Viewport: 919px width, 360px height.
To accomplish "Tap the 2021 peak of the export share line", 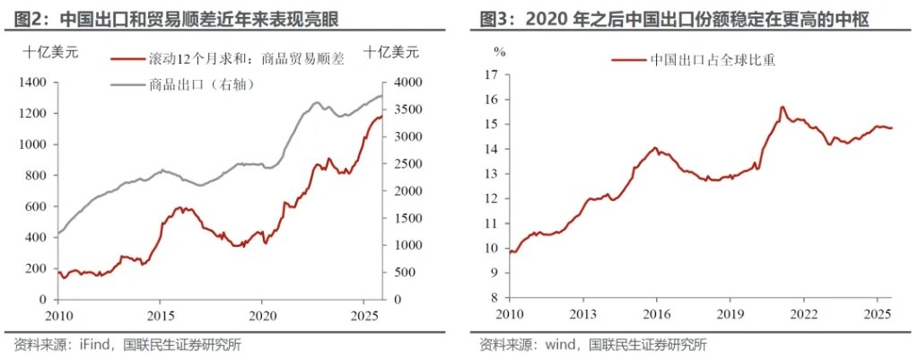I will click(x=782, y=107).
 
